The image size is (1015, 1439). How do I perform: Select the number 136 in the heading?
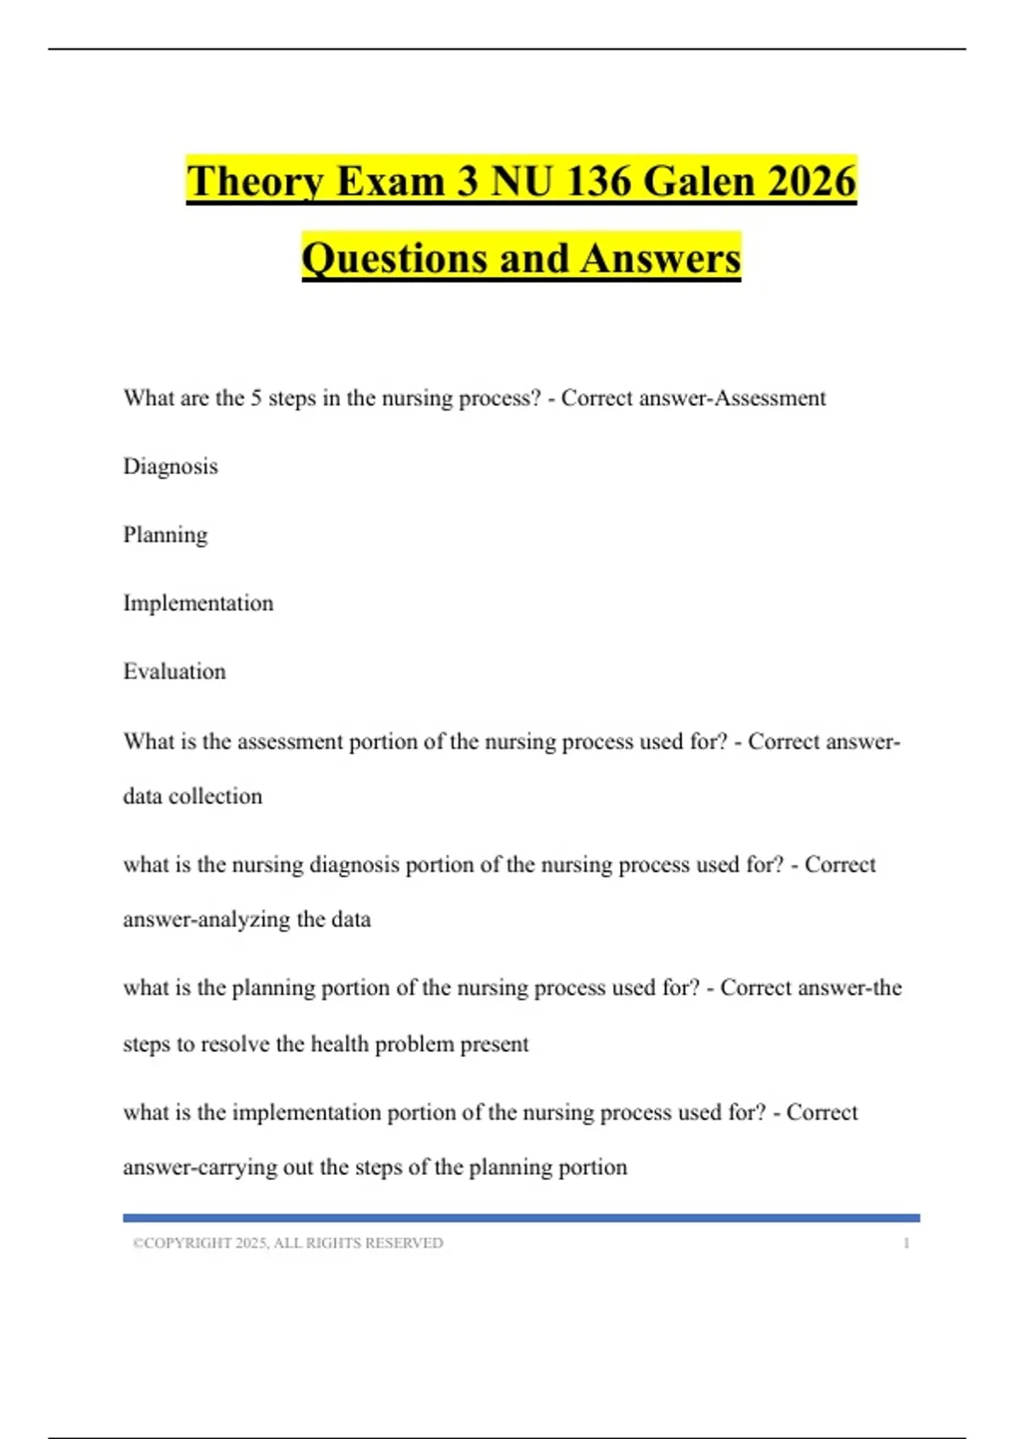pos(597,181)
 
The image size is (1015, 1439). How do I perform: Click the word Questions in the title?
pos(393,258)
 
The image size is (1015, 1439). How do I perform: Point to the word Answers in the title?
pos(661,258)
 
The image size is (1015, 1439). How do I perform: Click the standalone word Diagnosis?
pos(171,466)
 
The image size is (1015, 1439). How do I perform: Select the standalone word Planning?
pos(166,535)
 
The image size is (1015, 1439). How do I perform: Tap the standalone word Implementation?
pos(199,603)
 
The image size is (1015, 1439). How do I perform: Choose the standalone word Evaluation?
pos(175,671)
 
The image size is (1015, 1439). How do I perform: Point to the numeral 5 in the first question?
pos(255,398)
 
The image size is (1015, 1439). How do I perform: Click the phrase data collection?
pos(193,797)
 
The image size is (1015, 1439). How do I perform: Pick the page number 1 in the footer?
pos(906,1243)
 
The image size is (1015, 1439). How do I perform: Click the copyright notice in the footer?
pos(288,1243)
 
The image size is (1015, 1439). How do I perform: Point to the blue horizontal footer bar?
pos(521,1218)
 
